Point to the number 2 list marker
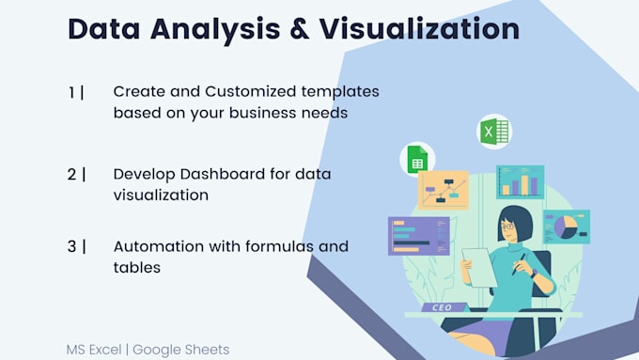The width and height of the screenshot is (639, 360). pyautogui.click(x=73, y=174)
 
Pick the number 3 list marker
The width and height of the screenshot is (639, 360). pyautogui.click(x=73, y=246)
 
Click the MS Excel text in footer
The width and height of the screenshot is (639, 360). pyautogui.click(x=95, y=349)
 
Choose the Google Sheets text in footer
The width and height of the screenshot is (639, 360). pyautogui.click(x=180, y=349)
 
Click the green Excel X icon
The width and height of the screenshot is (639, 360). pyautogui.click(x=492, y=131)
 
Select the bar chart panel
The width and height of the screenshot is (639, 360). pyautogui.click(x=520, y=181)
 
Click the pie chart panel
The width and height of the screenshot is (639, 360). pyautogui.click(x=566, y=227)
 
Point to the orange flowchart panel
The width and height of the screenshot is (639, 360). pyautogui.click(x=443, y=191)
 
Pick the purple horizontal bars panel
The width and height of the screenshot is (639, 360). pyautogui.click(x=418, y=235)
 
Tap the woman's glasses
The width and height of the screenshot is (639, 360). pyautogui.click(x=508, y=226)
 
